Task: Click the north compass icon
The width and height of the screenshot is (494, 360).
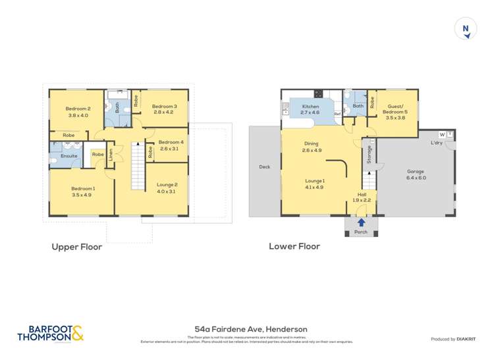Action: tap(466, 28)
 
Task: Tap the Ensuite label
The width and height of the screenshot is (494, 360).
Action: tap(69, 156)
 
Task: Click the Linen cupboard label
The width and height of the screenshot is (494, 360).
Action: tap(111, 156)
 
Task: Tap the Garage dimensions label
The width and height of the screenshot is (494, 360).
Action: tap(416, 178)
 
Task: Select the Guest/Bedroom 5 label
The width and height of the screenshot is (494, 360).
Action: tap(395, 109)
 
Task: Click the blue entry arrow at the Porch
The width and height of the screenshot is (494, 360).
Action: tap(361, 222)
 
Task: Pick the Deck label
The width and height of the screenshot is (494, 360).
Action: tap(265, 167)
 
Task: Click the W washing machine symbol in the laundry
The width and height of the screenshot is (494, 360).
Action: tap(442, 135)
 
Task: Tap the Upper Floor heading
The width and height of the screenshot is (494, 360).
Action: tap(77, 247)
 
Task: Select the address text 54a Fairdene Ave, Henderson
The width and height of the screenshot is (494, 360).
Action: tap(251, 329)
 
